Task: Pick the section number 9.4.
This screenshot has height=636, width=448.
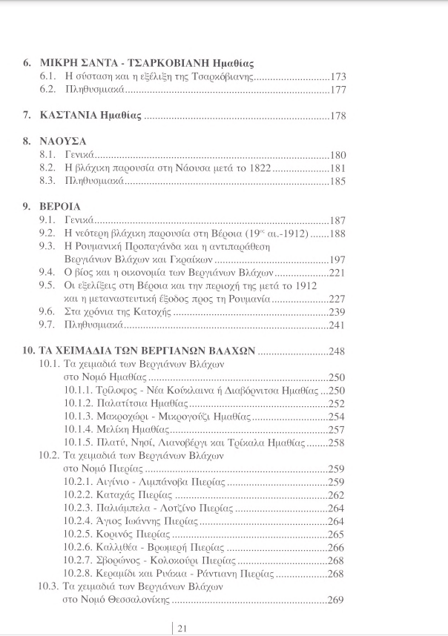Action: pyautogui.click(x=47, y=273)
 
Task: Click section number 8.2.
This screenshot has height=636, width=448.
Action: pyautogui.click(x=47, y=168)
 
